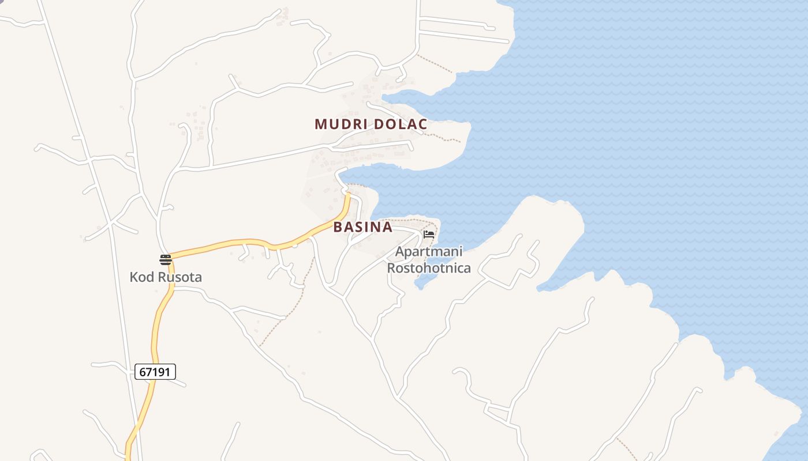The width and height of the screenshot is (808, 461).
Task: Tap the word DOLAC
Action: (x=400, y=124)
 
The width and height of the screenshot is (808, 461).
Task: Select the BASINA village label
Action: (x=362, y=227)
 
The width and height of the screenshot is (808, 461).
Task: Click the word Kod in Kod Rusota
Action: (x=142, y=277)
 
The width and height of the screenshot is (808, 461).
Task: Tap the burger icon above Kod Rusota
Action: (x=166, y=260)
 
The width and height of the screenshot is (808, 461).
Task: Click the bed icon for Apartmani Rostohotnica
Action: (x=429, y=235)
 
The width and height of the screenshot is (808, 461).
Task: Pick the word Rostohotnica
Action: (x=429, y=268)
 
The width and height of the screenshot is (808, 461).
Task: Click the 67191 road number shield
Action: (x=155, y=372)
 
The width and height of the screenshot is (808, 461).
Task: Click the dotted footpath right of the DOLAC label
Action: (x=444, y=137)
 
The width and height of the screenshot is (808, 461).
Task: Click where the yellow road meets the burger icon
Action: (x=172, y=256)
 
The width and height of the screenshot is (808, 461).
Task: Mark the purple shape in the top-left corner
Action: (x=2, y=1)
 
